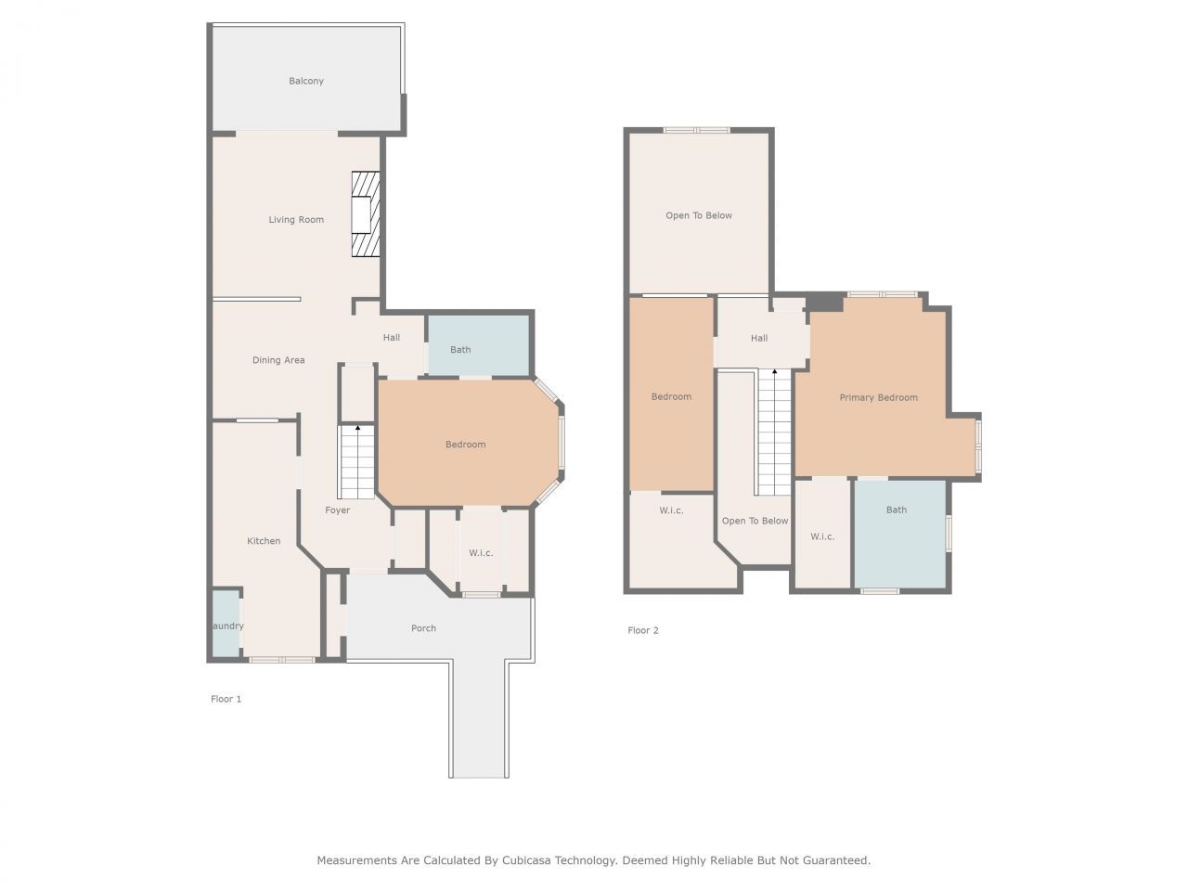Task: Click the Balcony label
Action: (x=306, y=82)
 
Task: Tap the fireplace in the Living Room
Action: (x=365, y=214)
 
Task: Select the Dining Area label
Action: (x=278, y=360)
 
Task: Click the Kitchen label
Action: (x=264, y=541)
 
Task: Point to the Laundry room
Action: (x=226, y=626)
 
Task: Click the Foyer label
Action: (x=338, y=510)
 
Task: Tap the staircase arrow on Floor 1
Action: (x=357, y=429)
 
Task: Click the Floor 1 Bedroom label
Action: (x=466, y=445)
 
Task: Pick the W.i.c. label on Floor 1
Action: (x=481, y=553)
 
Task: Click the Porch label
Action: (x=423, y=628)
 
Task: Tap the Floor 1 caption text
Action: (x=226, y=699)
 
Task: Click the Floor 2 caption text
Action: (x=642, y=630)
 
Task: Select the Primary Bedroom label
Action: (x=878, y=397)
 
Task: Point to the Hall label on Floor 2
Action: (x=759, y=338)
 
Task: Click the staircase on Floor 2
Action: (x=773, y=432)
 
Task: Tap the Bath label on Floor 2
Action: (x=897, y=510)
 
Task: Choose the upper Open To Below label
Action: (x=699, y=215)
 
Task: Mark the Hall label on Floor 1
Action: (x=392, y=337)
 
